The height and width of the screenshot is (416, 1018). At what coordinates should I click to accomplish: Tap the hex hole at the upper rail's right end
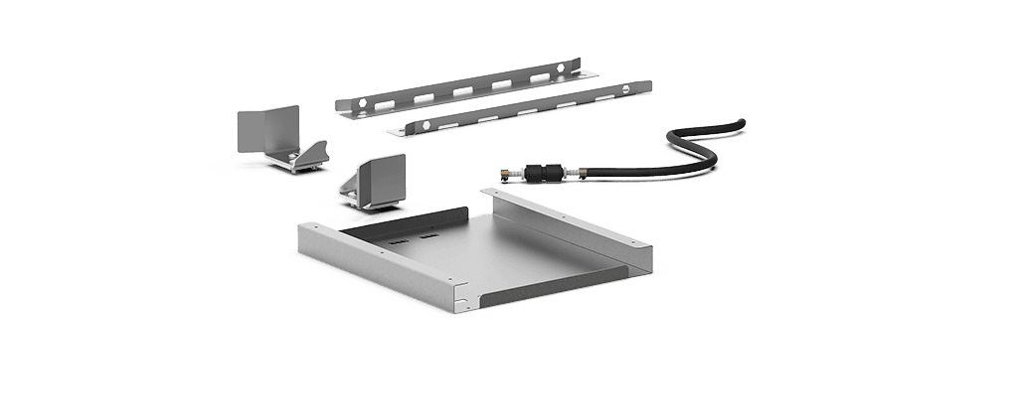562,68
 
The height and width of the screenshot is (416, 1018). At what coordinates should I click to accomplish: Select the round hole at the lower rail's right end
625,89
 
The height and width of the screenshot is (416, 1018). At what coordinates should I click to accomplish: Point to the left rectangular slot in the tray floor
396,240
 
